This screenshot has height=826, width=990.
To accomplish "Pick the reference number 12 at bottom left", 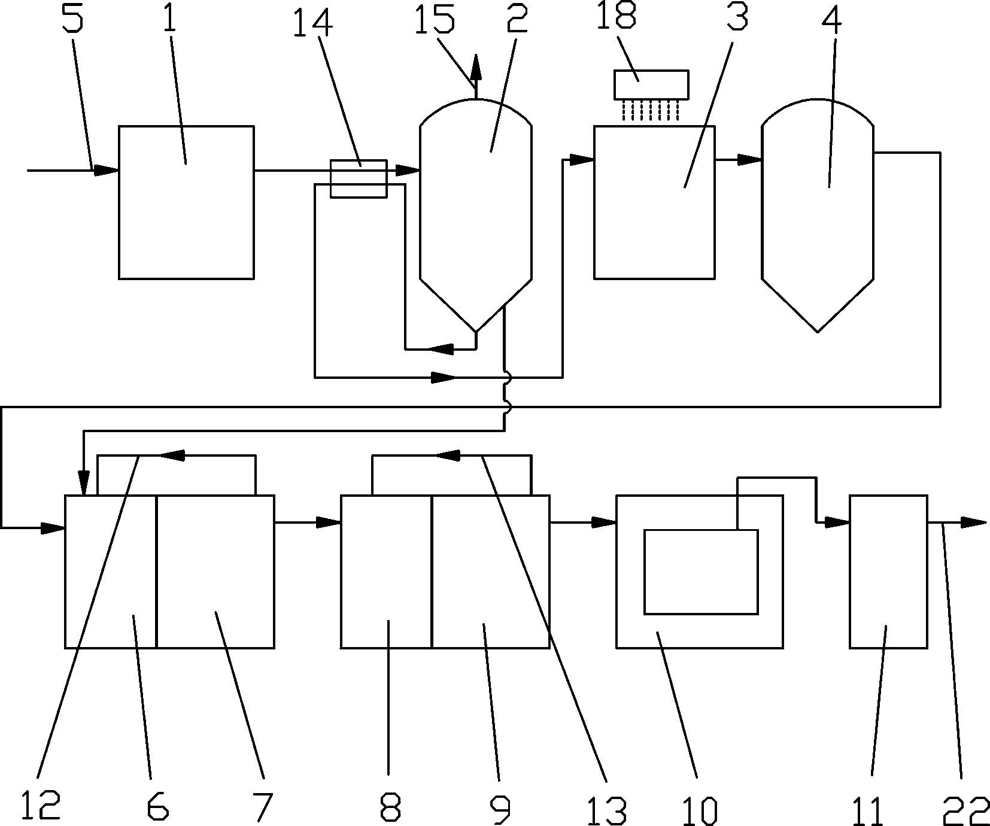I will [40, 806].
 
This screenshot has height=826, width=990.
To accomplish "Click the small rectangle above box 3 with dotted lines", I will [651, 84].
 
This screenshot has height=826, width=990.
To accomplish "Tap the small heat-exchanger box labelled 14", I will [359, 178].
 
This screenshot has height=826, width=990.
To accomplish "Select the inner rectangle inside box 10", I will [701, 572].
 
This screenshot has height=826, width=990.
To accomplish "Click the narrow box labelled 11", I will [888, 571].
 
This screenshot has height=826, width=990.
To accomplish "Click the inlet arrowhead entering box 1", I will [107, 171].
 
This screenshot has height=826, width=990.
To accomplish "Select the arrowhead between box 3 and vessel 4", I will [750, 160].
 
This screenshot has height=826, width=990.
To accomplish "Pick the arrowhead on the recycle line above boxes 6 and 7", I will [171, 456].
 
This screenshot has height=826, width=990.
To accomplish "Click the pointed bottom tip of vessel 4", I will [818, 330].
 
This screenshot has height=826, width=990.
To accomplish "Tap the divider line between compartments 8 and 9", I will [432, 571].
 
